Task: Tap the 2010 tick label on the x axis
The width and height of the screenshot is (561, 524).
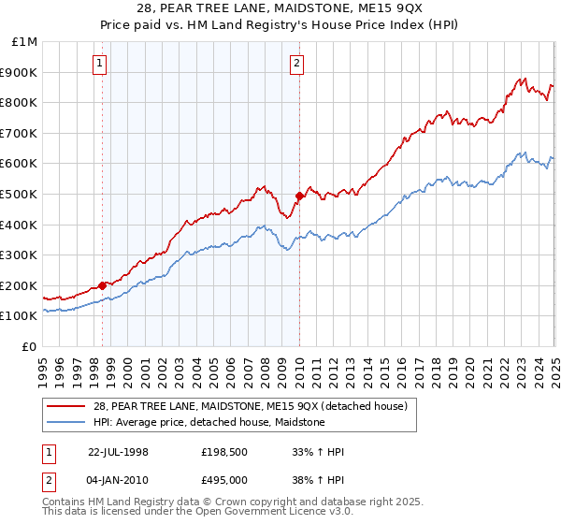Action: point(299,365)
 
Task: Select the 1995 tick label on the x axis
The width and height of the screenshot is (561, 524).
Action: point(43,365)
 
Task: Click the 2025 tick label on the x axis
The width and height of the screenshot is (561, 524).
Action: point(554,365)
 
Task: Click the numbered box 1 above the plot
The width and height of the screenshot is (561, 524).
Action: point(100,64)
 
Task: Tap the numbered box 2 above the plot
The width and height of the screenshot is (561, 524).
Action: point(296,64)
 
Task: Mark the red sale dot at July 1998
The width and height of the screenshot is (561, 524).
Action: point(103,285)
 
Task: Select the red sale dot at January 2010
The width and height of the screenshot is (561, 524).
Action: point(299,196)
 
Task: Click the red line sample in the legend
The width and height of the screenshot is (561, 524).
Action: point(65,407)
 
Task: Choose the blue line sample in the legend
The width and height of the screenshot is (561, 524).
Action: point(65,422)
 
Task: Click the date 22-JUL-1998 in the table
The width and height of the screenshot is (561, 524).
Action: point(118,452)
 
